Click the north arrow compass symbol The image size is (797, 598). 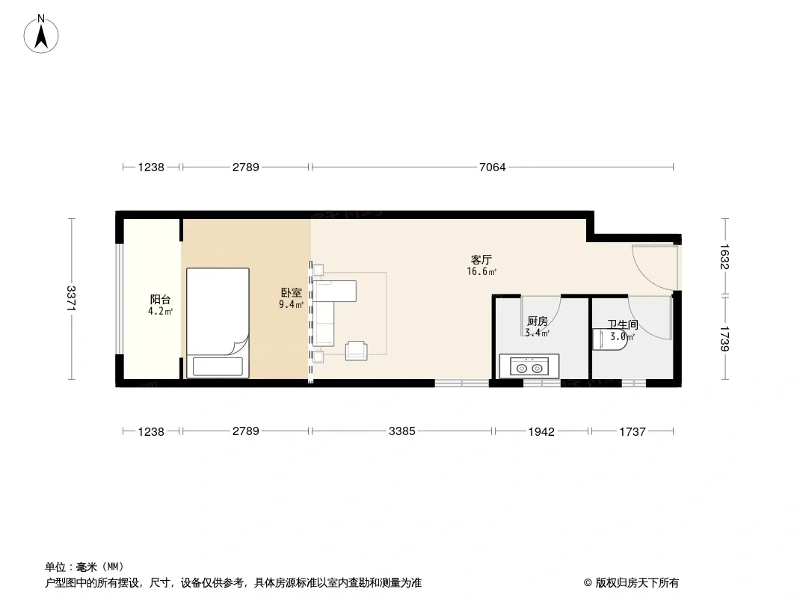(41, 34)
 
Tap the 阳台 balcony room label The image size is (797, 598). (160, 300)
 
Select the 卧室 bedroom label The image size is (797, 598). (292, 293)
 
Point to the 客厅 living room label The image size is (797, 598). (481, 259)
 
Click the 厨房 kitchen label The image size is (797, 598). (538, 321)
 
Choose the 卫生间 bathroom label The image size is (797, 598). (623, 324)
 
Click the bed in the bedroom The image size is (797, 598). (218, 323)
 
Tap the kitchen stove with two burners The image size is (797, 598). (529, 366)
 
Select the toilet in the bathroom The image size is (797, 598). (610, 339)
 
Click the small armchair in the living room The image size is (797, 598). (357, 351)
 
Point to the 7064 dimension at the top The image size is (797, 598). (493, 167)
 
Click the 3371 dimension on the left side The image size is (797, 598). (71, 299)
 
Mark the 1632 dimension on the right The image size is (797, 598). (724, 257)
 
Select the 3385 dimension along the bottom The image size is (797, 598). (402, 431)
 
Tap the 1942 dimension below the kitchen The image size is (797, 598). (541, 431)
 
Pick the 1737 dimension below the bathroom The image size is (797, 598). (633, 431)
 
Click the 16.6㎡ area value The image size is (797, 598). (481, 271)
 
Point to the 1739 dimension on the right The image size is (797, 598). (724, 338)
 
